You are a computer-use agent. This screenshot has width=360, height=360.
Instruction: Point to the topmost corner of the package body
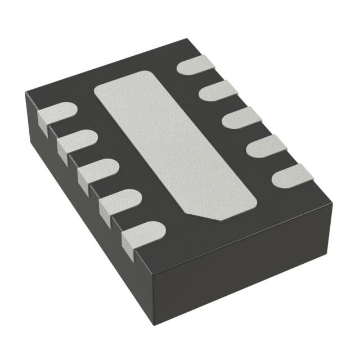click(186, 40)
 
